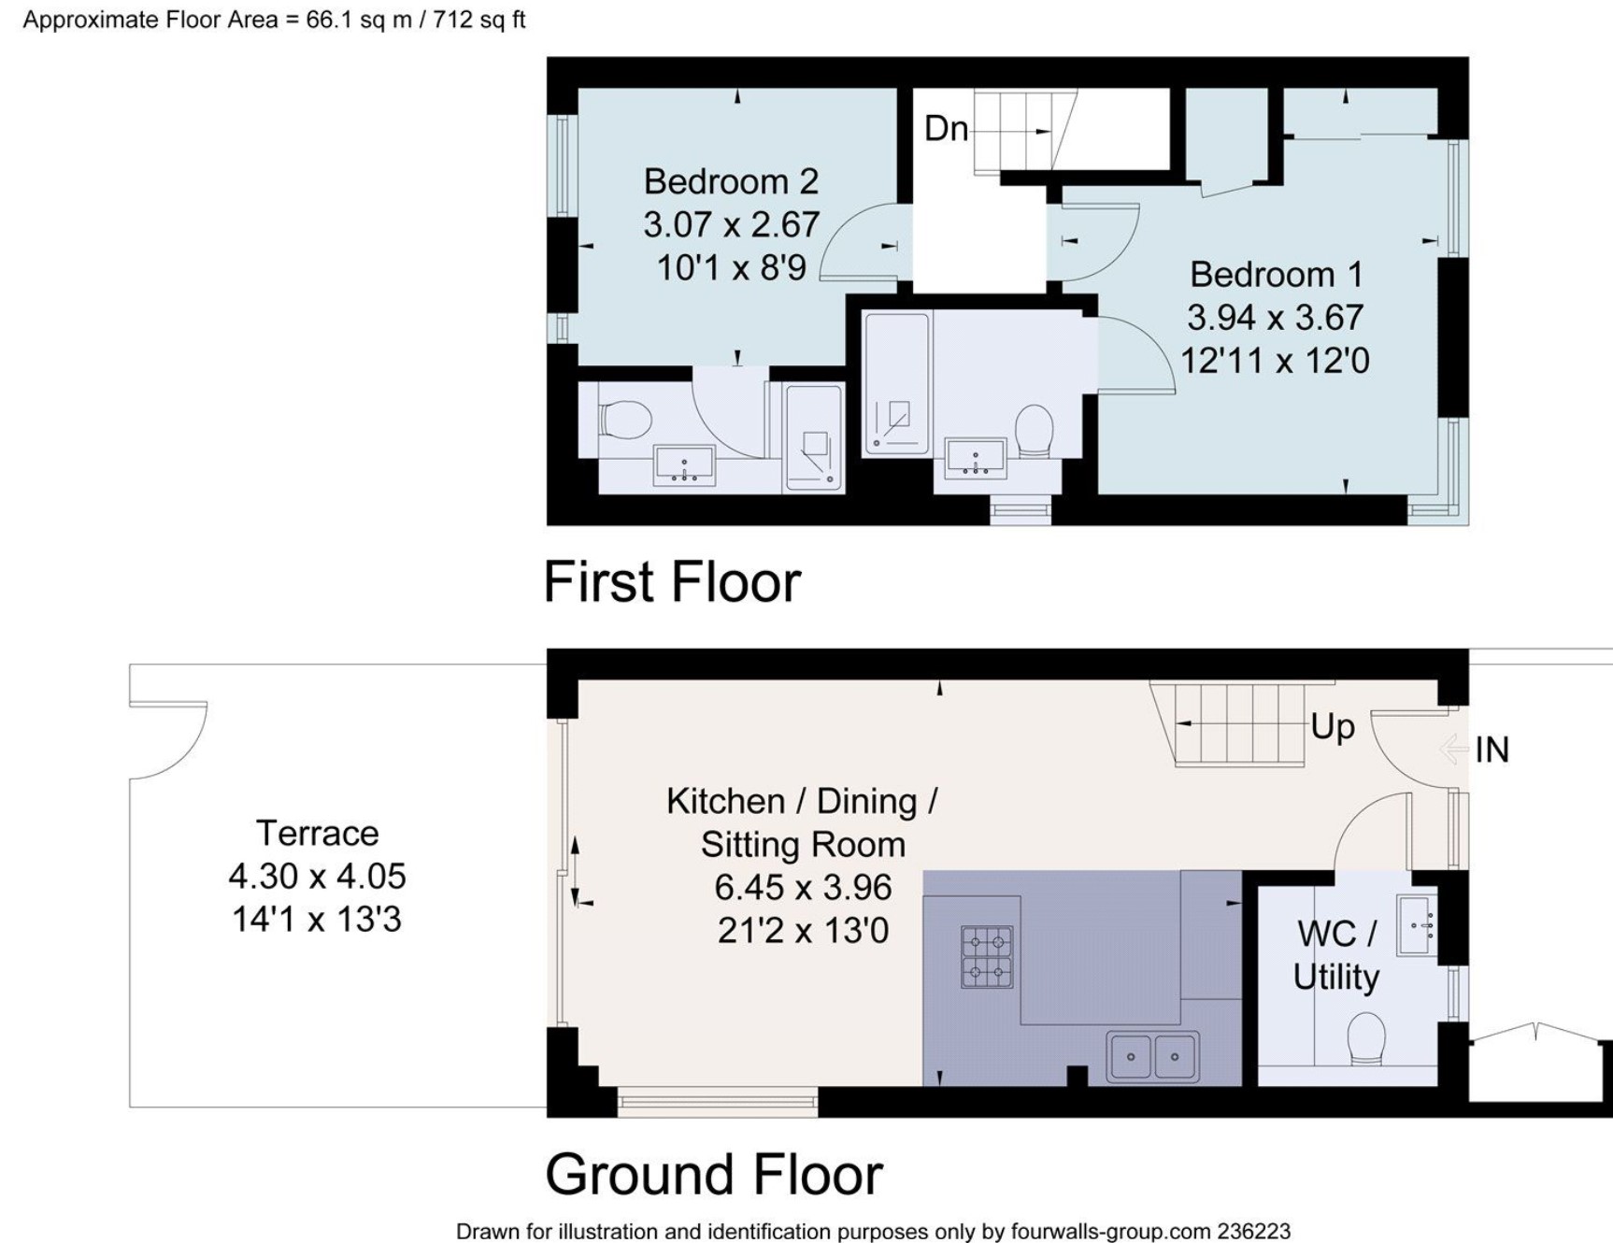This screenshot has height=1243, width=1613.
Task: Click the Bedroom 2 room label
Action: (731, 181)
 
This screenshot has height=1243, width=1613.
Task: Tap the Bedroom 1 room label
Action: (1276, 275)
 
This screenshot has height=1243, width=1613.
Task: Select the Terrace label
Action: (318, 833)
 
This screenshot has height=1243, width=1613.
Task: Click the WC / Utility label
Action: (1336, 955)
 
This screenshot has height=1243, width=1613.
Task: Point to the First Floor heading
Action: (672, 582)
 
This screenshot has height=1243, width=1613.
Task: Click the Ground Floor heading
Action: (714, 1175)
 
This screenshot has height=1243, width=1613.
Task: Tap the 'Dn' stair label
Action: (946, 128)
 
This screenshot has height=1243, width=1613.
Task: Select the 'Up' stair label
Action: (1333, 727)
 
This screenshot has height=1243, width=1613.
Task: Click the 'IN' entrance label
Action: (1492, 750)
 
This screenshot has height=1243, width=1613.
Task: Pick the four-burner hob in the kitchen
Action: (987, 957)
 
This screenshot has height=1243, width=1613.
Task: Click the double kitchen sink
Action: (1152, 1056)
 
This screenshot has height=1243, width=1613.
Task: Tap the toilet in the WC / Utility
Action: (1366, 1038)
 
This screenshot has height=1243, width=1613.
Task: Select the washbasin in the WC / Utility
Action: (1417, 925)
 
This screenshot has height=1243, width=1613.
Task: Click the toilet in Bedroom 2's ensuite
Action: (624, 420)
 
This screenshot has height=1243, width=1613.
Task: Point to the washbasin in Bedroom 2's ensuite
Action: (684, 465)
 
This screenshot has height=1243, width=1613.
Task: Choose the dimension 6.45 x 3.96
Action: (803, 887)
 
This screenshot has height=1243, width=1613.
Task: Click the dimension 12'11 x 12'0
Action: (1275, 361)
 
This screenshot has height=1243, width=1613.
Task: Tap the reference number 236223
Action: (1254, 1232)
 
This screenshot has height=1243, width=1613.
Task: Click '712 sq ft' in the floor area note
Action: (478, 20)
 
